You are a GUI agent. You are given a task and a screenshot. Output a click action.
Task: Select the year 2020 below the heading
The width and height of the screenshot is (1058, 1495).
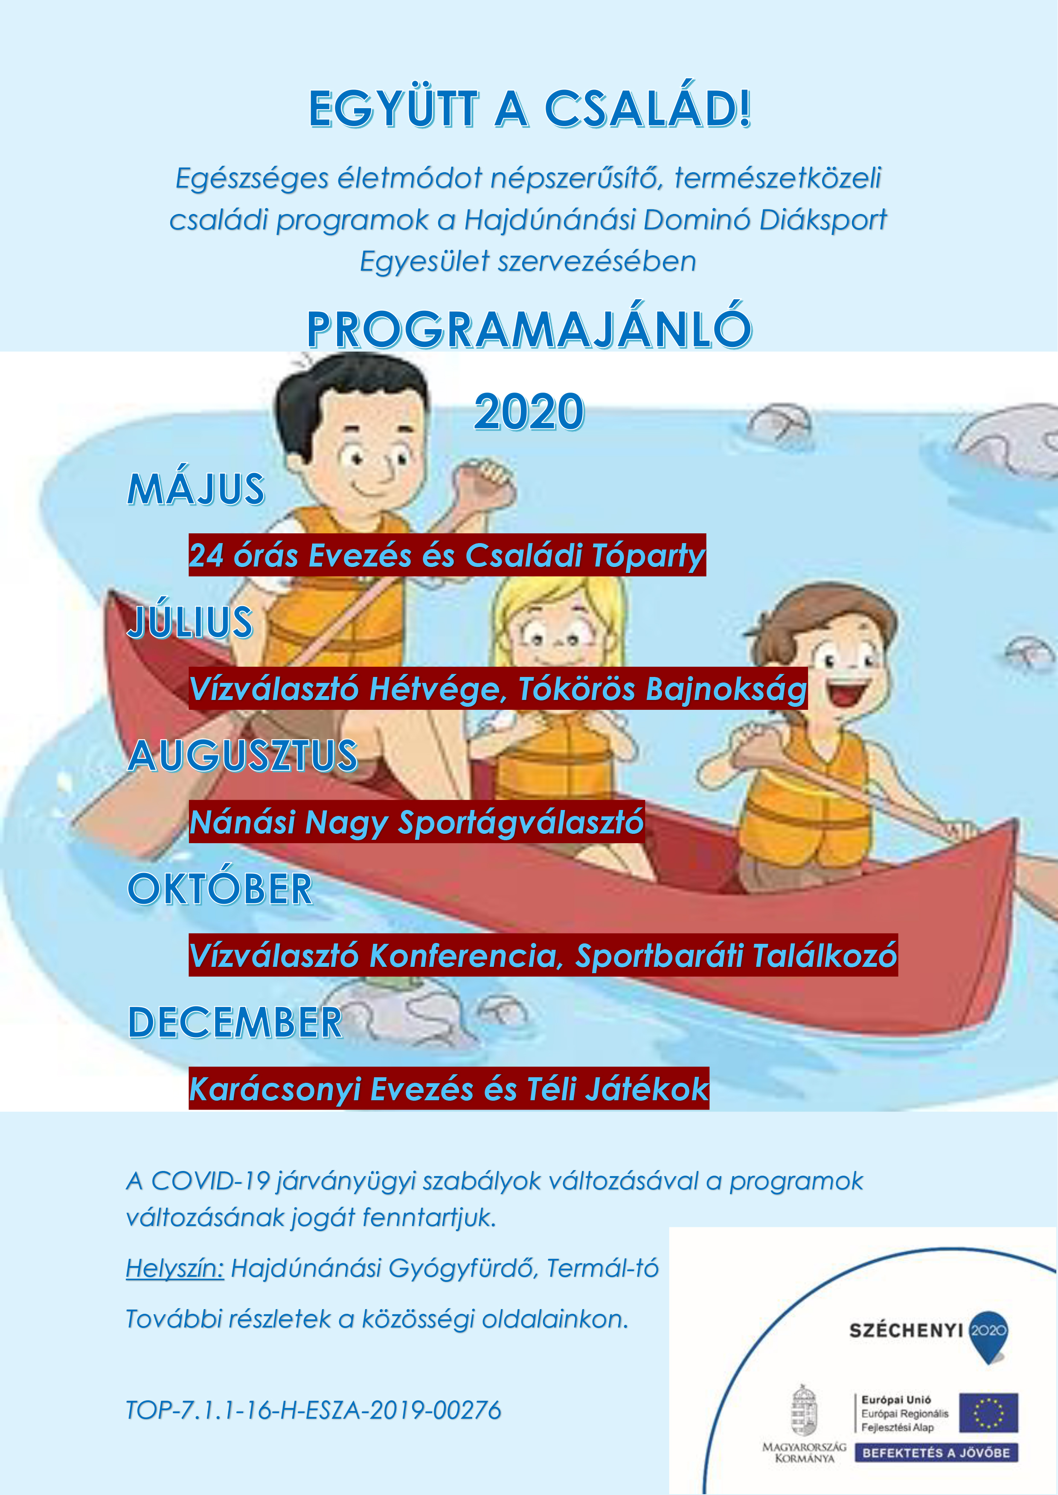(x=529, y=411)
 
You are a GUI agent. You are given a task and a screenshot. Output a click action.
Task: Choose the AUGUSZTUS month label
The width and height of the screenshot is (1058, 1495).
(x=242, y=755)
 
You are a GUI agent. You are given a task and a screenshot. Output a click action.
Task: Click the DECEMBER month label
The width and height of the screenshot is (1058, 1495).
(x=235, y=1022)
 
